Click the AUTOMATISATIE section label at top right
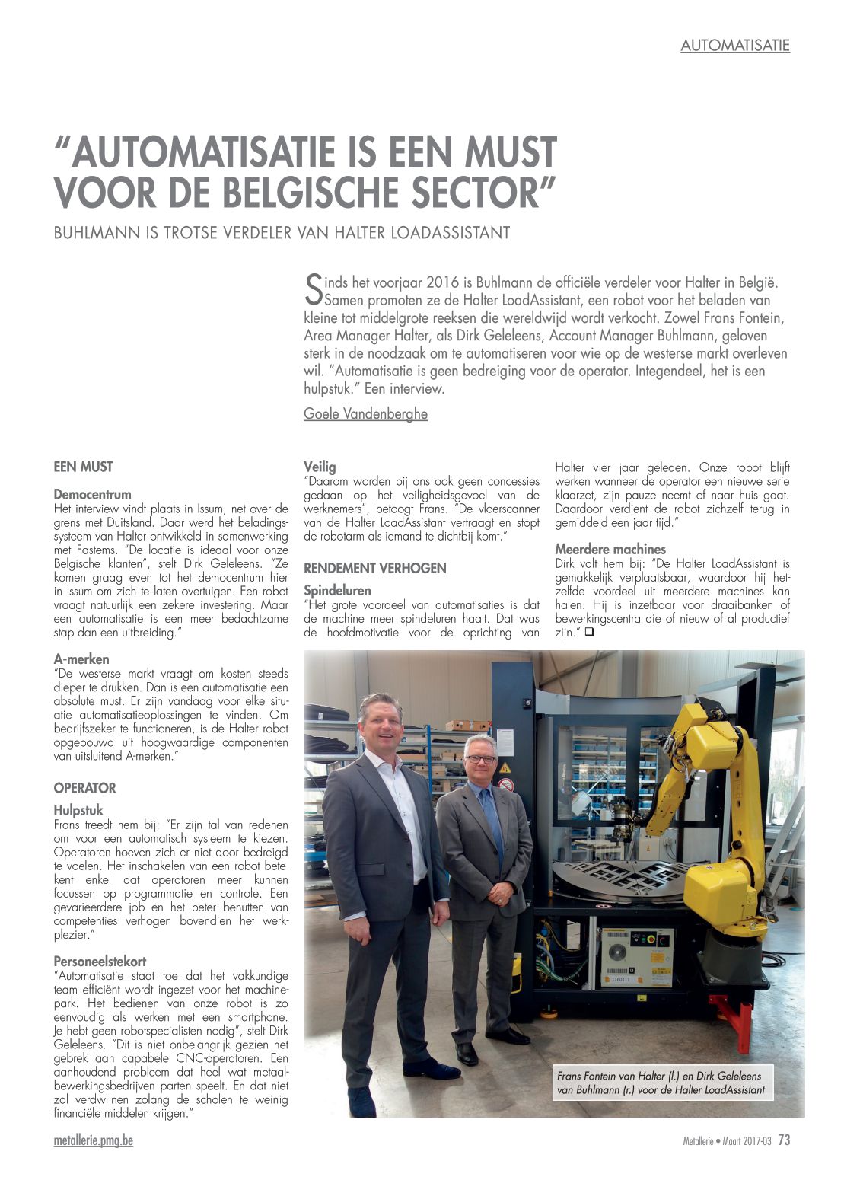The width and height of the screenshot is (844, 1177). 734,46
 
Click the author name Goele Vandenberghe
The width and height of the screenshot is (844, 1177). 365,413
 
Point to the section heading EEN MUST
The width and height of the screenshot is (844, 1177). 83,467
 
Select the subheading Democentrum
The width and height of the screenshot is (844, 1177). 92,494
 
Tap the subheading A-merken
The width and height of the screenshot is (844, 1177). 81,659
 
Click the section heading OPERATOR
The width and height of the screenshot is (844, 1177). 84,788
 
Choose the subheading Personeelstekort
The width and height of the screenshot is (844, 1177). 100,962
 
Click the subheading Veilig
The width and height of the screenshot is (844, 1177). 320,467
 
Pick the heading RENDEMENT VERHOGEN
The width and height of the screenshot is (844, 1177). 374,568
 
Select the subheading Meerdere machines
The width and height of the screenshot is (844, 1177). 610,549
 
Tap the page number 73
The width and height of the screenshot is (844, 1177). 784,1140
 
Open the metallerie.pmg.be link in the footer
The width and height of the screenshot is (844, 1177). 94,1140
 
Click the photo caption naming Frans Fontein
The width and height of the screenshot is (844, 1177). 660,1083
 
